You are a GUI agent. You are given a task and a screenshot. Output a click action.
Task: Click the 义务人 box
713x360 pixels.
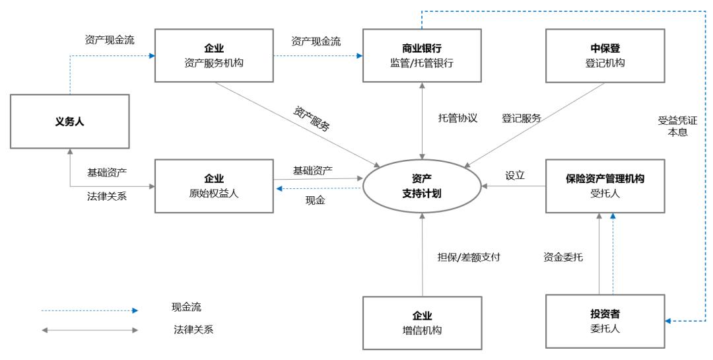(x=69, y=121)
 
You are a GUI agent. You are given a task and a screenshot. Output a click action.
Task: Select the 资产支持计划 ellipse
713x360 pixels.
(x=422, y=186)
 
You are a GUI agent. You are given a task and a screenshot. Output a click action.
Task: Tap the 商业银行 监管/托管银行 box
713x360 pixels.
(x=422, y=55)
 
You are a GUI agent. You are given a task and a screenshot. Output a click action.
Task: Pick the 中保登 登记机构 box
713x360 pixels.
(x=605, y=55)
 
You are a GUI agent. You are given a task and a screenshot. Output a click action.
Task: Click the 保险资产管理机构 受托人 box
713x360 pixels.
(x=605, y=186)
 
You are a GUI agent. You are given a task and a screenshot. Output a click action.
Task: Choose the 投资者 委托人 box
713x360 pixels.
(x=605, y=321)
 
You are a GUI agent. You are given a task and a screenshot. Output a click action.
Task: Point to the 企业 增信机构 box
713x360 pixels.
(x=422, y=322)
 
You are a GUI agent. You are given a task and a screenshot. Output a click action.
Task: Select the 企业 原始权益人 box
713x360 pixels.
(x=214, y=186)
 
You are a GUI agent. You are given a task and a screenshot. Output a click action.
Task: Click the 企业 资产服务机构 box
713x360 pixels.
(x=214, y=55)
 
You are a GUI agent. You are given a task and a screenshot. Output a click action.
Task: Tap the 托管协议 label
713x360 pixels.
(x=458, y=118)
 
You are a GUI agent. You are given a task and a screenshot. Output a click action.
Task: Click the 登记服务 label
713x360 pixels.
(x=521, y=118)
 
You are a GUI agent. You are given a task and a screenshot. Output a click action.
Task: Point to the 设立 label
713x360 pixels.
(x=515, y=176)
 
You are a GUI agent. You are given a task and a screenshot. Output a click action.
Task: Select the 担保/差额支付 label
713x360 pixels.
(x=469, y=257)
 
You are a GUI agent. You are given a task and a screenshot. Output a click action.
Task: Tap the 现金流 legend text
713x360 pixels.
(x=186, y=307)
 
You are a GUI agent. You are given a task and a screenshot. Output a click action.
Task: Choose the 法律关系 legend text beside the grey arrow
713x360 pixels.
(x=189, y=330)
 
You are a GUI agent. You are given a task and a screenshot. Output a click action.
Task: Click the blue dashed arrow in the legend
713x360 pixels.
(x=89, y=310)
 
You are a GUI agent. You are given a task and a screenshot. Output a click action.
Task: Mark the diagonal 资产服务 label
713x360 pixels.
(x=312, y=118)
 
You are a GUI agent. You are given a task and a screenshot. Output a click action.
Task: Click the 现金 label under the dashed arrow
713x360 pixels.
(x=315, y=200)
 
